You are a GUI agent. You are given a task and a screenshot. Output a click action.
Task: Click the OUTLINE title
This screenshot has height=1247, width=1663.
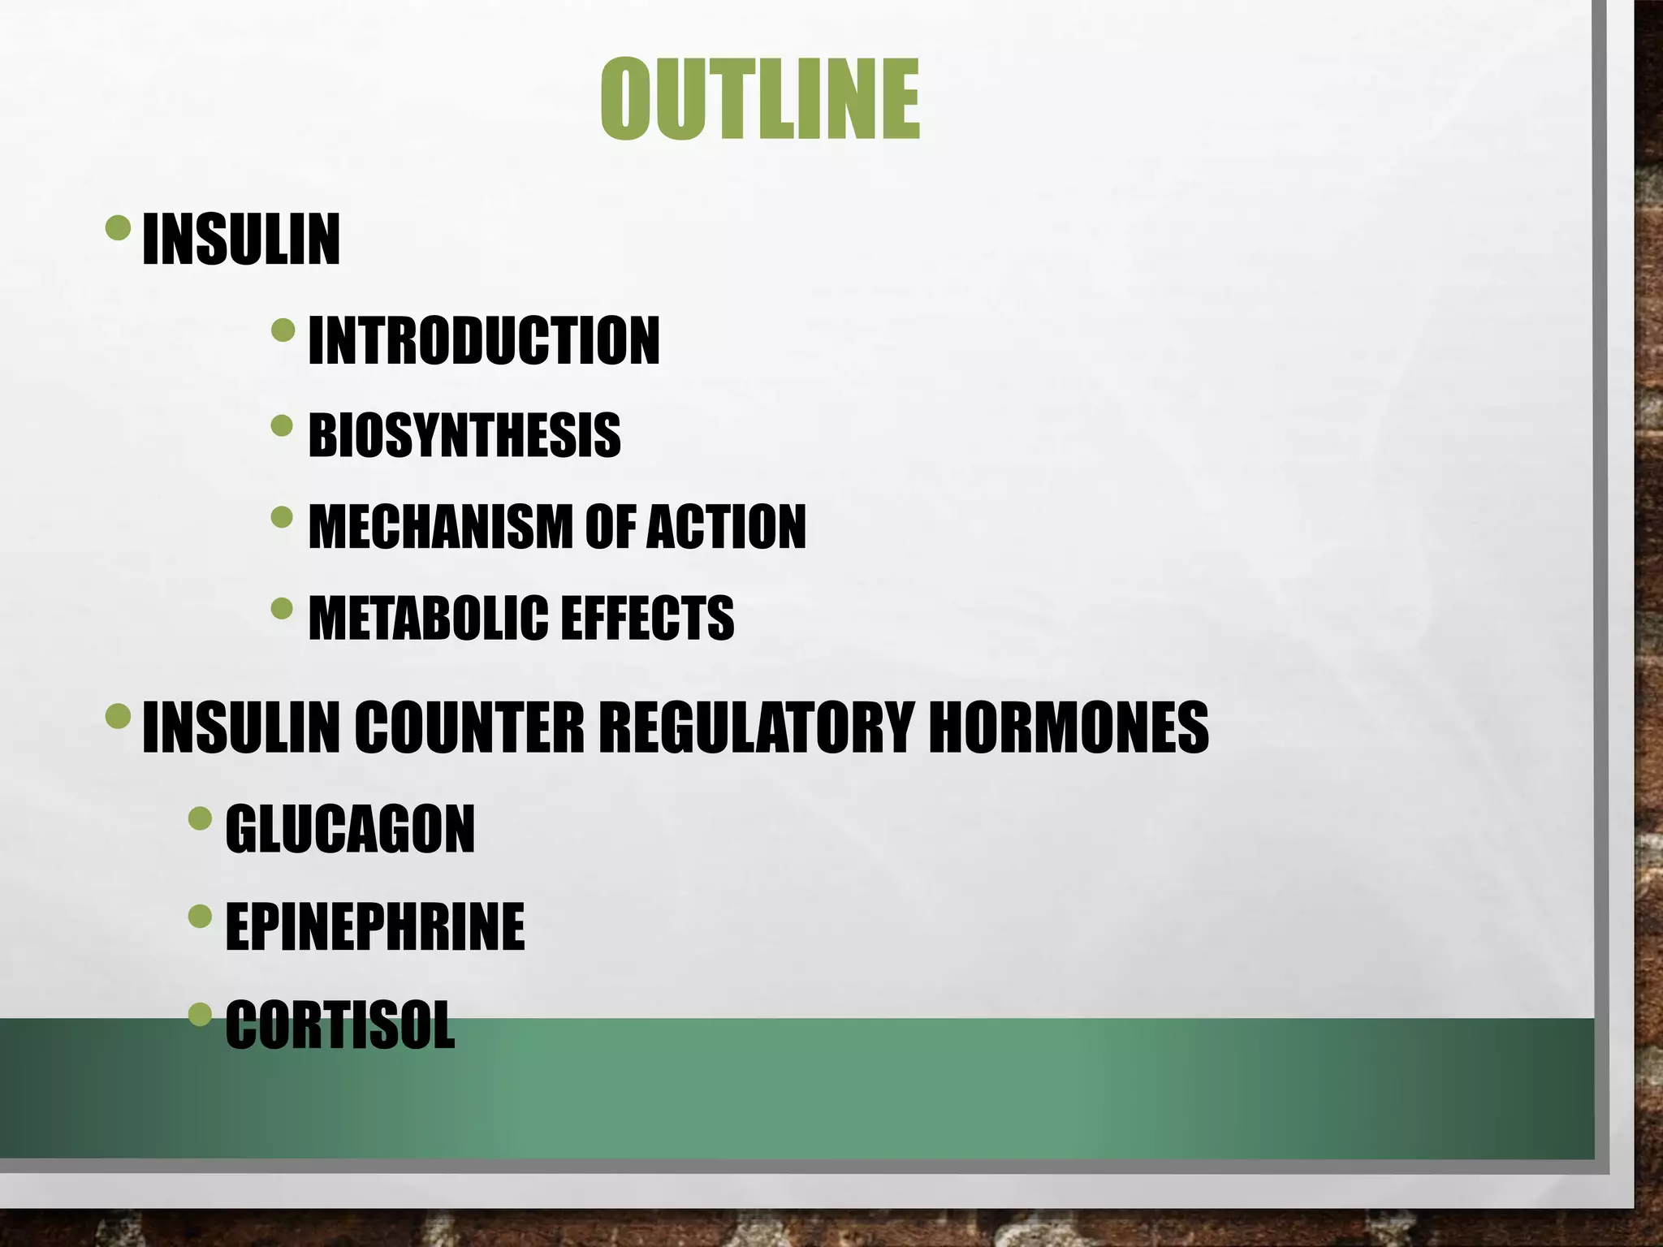pyautogui.click(x=760, y=100)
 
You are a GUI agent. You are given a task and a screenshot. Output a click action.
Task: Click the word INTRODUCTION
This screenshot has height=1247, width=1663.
pyautogui.click(x=484, y=341)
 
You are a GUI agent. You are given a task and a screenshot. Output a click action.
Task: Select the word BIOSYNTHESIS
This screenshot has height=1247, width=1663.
pyautogui.click(x=464, y=435)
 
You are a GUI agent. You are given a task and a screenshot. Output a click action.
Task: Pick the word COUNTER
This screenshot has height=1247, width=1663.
pyautogui.click(x=469, y=727)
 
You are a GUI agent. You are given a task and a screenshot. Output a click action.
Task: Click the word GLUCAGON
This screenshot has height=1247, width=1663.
pyautogui.click(x=350, y=829)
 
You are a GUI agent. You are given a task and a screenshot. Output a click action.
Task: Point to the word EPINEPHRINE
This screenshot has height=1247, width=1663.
pyautogui.click(x=375, y=926)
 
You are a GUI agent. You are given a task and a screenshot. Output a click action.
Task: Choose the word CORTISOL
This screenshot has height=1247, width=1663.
pyautogui.click(x=340, y=1025)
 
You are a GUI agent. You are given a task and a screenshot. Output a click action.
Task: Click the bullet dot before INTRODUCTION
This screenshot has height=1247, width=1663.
pyautogui.click(x=283, y=330)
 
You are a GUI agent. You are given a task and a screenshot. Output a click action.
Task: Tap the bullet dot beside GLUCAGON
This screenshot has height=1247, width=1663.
pyautogui.click(x=200, y=818)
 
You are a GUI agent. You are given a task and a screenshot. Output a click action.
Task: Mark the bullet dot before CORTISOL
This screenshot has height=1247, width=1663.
pyautogui.click(x=200, y=1014)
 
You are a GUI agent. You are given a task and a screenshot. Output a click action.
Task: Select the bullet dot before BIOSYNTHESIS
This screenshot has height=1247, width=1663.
pyautogui.click(x=283, y=425)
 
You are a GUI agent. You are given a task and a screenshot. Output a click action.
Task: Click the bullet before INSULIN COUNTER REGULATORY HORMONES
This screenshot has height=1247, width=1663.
pyautogui.click(x=119, y=715)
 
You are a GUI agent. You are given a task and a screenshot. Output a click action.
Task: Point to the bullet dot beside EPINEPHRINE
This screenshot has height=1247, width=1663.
pyautogui.click(x=200, y=917)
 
